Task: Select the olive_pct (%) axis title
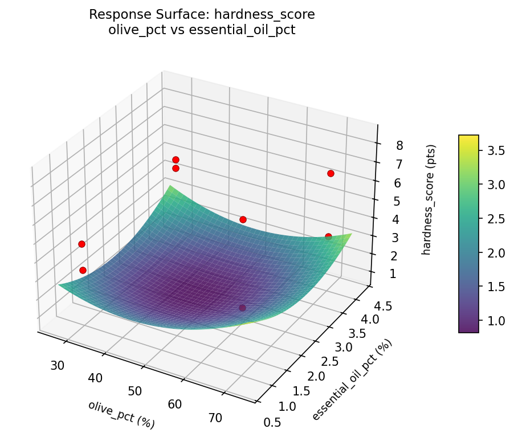121,414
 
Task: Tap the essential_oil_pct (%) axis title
353,379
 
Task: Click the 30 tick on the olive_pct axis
57,365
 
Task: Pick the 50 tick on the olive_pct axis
136,391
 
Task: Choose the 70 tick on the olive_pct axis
215,418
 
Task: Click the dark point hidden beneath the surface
242,308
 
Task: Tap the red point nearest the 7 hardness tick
331,173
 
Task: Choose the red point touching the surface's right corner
328,236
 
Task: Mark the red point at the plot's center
243,219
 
